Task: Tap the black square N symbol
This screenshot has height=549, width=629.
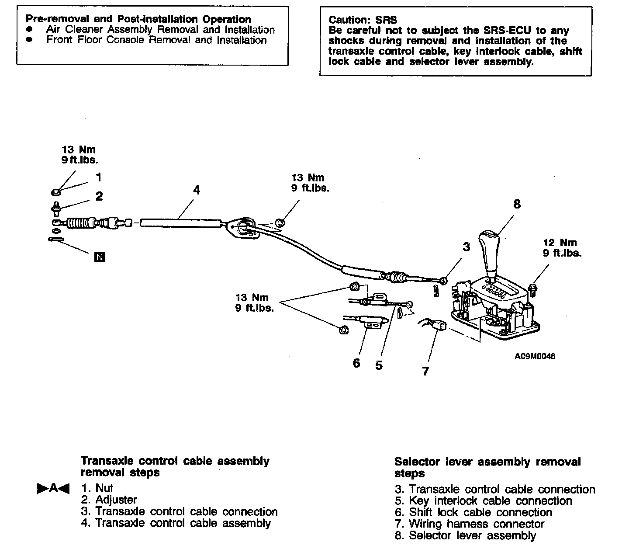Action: click(100, 257)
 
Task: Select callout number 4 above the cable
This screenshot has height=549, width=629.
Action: click(197, 190)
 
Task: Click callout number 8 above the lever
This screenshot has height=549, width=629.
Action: click(517, 204)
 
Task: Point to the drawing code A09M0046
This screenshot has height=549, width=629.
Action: click(535, 356)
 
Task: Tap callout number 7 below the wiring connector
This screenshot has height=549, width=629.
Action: click(425, 372)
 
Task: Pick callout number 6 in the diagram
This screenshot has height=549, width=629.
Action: click(356, 363)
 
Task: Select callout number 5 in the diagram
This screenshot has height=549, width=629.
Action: click(379, 365)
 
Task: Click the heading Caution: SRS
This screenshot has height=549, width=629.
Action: click(363, 20)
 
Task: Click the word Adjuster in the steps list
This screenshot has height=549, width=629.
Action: click(116, 500)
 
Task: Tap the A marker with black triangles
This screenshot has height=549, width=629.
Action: click(53, 488)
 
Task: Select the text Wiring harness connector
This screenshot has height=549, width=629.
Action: click(477, 524)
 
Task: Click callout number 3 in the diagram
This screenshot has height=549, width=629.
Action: click(466, 247)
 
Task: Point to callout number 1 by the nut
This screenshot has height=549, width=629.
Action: click(99, 177)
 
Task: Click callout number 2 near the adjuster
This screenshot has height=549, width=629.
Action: click(99, 196)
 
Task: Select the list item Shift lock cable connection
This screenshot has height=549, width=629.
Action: click(480, 512)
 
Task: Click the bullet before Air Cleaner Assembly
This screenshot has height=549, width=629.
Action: click(30, 30)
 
